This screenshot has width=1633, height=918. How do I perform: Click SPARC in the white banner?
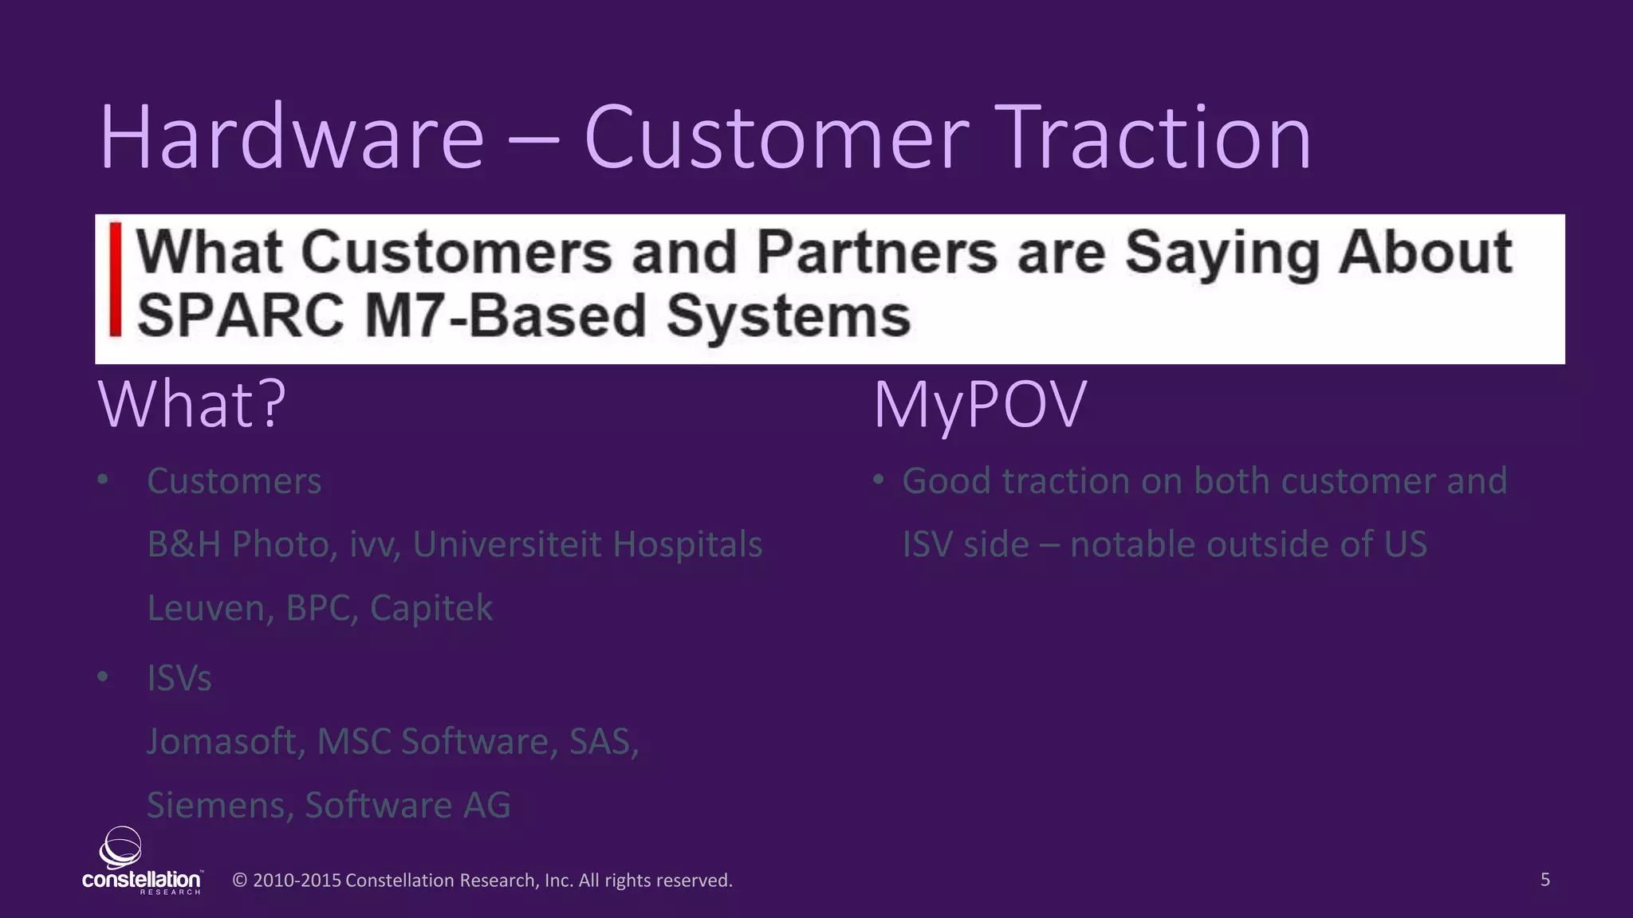(x=240, y=316)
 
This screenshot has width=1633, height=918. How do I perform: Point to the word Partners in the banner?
(x=876, y=253)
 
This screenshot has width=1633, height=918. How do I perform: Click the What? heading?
(x=191, y=405)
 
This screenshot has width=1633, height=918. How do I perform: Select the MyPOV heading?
(x=980, y=405)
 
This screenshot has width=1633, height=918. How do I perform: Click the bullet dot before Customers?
(x=103, y=481)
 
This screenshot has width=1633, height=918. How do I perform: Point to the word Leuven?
(x=206, y=608)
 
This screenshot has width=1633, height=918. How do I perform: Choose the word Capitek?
(x=431, y=608)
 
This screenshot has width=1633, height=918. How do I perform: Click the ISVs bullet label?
(x=179, y=678)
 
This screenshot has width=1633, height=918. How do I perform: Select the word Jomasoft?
(x=222, y=742)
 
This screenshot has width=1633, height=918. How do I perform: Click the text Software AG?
(x=407, y=805)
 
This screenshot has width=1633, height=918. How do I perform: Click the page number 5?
(x=1544, y=880)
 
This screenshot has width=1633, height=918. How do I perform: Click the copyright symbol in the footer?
(x=239, y=881)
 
